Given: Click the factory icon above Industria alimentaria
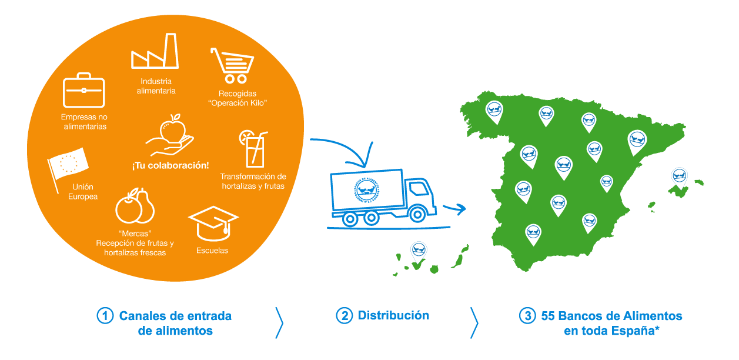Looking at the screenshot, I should pyautogui.click(x=155, y=52).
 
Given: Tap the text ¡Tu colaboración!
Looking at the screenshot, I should pyautogui.click(x=170, y=165).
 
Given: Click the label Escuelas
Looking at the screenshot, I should pyautogui.click(x=212, y=251).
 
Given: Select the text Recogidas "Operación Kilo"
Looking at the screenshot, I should pyautogui.click(x=238, y=98).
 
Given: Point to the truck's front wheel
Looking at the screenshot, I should pyautogui.click(x=418, y=214).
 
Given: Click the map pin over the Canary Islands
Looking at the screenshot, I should pyautogui.click(x=419, y=251).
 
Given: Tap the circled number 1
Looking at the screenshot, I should pyautogui.click(x=105, y=316).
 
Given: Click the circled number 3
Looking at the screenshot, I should pyautogui.click(x=527, y=316).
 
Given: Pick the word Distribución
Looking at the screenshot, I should pyautogui.click(x=393, y=315).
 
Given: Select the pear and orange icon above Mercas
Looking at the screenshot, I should pyautogui.click(x=135, y=206).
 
